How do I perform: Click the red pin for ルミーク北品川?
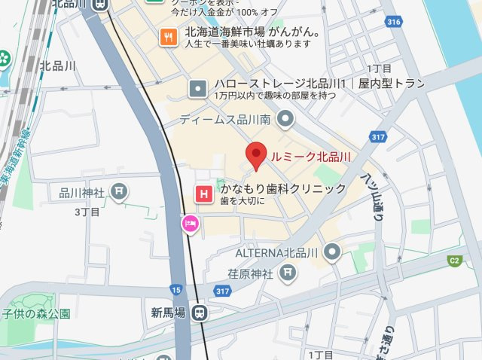pos(258,154)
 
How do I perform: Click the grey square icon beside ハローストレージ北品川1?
pos(198,89)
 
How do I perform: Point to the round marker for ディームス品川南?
pos(285,118)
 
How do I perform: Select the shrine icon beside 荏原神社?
pos(287,273)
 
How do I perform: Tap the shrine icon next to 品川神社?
pos(118,191)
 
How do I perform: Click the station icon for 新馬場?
pos(200,312)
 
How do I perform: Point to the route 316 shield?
pos(392,23)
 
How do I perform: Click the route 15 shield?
pos(176,289)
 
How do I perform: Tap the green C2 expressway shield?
pos(454,261)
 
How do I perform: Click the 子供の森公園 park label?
pos(35,313)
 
